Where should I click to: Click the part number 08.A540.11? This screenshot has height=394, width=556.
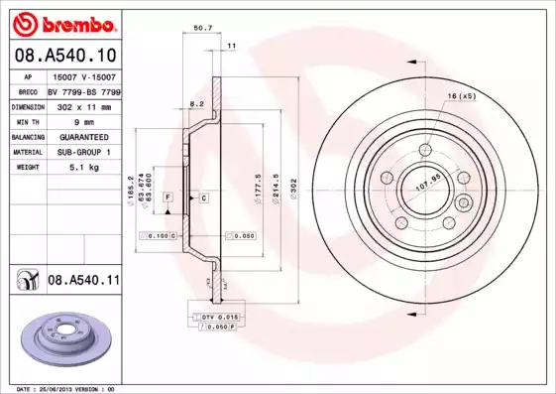pos(84,282)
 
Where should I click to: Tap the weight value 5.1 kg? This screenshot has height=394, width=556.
pos(83,168)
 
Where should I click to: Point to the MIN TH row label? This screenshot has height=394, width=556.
pos(28,120)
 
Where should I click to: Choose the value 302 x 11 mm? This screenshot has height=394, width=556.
pos(83,104)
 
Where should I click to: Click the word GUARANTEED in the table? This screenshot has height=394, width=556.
pos(83,136)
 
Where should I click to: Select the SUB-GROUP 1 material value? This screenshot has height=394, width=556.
pos(83,152)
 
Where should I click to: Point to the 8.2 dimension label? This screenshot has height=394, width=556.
pos(196,103)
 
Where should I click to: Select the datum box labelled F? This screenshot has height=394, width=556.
pos(168,198)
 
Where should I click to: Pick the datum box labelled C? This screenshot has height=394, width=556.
pos(202,198)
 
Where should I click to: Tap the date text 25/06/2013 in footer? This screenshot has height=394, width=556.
pos(68,389)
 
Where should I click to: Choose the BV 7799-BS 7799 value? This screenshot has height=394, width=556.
pos(83,89)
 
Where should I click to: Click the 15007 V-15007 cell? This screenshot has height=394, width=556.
pos(83,75)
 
